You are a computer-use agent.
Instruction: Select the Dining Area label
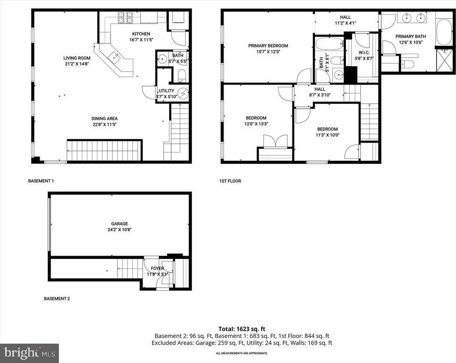[104, 119]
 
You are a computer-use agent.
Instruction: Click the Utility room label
[166, 91]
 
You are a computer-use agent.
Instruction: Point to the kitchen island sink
[115, 58]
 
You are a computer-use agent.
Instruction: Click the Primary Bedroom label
[268, 46]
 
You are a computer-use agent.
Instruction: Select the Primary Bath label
[410, 36]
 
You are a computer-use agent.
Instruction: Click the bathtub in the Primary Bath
[445, 32]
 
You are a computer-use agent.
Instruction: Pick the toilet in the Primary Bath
[409, 64]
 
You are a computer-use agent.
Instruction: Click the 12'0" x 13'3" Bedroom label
[256, 118]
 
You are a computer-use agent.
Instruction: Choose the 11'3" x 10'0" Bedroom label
[327, 129]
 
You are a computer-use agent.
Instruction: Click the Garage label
[120, 224]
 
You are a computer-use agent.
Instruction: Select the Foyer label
[157, 268]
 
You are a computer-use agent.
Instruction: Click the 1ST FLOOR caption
[230, 181]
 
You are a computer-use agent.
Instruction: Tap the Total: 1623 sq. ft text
[241, 328]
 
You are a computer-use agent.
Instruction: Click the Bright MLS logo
[29, 353]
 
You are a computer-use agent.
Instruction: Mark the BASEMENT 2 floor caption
[57, 299]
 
